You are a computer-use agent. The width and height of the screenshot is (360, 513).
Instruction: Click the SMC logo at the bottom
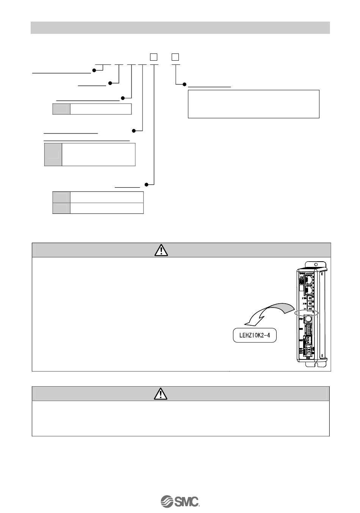[180, 500]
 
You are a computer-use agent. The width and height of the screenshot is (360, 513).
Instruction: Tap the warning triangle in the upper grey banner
[161, 250]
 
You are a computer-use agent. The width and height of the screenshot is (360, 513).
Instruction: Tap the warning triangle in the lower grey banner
[161, 394]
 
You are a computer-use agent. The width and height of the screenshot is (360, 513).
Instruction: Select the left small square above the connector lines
[153, 57]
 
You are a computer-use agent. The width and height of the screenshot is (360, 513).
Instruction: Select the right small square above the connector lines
[175, 57]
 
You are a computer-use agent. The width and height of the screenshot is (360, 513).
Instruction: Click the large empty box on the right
[254, 104]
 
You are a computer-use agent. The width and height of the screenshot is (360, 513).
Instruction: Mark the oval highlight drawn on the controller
[307, 313]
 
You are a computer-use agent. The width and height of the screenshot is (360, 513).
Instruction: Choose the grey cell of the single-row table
[61, 109]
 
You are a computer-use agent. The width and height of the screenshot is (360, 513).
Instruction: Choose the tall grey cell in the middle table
[53, 154]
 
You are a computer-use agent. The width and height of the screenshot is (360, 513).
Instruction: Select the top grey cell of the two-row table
[61, 197]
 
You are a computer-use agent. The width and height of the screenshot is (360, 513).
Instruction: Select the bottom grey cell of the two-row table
[61, 208]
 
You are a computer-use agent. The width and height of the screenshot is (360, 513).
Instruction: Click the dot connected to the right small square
[185, 84]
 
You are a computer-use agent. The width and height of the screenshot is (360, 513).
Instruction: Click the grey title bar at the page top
[180, 28]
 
